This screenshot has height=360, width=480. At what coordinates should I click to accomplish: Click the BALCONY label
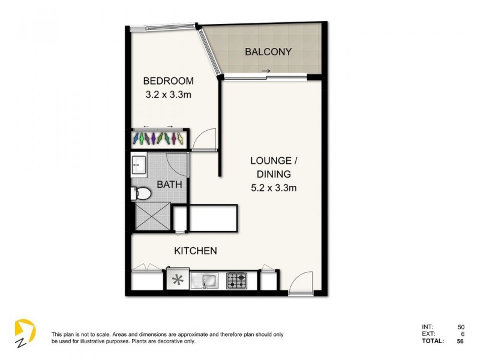coord(268,52)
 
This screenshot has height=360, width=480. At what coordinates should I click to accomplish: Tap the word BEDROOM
coord(168,82)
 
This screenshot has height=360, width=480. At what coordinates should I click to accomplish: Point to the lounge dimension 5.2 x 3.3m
coord(274,187)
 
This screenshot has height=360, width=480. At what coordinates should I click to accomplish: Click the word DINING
coord(274,174)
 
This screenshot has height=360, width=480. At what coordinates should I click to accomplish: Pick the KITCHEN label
coord(195,251)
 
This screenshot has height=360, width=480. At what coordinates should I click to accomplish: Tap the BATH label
coord(169,185)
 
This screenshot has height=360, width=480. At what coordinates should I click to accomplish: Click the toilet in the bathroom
coord(140,193)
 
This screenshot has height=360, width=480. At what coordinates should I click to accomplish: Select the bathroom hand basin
coord(139,164)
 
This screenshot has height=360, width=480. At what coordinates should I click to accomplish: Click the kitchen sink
coord(208,280)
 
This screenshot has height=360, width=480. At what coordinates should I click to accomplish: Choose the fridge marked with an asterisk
coord(177,280)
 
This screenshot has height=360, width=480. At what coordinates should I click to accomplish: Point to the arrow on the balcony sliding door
coord(266,72)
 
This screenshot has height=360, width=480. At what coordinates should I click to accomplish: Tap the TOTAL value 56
coord(460,341)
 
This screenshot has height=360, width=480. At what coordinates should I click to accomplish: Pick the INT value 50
coord(460,326)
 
